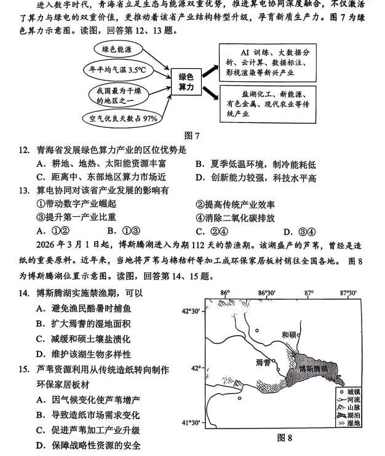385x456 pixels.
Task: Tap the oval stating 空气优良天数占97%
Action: coord(123,117)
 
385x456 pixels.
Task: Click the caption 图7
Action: coord(191,135)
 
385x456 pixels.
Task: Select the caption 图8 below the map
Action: coord(284,438)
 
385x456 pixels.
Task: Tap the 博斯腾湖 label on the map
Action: coord(317,370)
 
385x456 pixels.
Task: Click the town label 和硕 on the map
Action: coord(288,334)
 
